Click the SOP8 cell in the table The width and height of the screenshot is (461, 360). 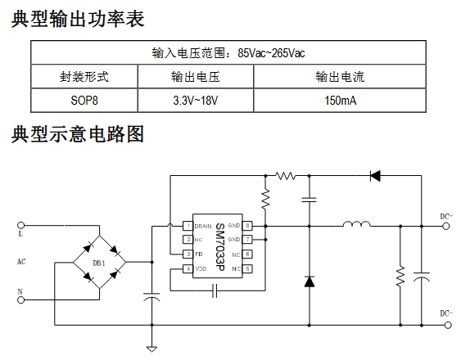84,101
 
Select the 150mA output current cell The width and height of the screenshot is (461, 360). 340,101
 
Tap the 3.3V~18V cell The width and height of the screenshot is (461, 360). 196,101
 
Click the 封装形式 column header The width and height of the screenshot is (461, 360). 84,77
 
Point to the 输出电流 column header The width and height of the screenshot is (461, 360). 340,77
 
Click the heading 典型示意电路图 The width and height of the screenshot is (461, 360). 78,133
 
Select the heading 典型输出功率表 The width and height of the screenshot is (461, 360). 78,19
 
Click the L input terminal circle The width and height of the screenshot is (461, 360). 20,225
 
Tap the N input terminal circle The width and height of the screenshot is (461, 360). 20,299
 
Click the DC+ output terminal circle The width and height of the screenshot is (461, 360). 446,226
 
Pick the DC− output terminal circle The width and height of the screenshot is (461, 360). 448,325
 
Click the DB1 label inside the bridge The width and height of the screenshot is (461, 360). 99,263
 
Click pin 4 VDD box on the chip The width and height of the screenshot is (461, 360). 188,268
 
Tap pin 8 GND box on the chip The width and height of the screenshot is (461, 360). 247,226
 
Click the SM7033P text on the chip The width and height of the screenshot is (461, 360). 220,246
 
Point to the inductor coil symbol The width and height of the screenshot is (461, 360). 357,224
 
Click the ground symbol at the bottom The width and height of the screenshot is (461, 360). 151,349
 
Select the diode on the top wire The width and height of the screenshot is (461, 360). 375,176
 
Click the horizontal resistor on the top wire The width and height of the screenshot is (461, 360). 286,176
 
